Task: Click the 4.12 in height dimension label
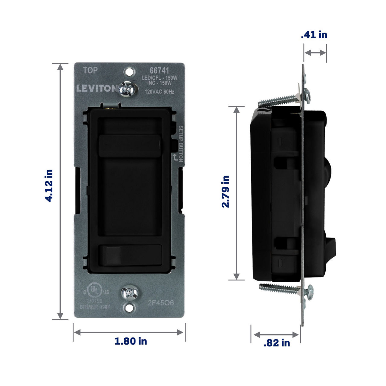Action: point(49,185)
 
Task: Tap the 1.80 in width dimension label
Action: point(131,341)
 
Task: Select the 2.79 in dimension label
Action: point(226,191)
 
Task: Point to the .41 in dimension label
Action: point(314,35)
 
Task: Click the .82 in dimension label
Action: point(277,343)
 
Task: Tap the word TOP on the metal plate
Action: point(90,71)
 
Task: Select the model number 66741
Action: point(160,71)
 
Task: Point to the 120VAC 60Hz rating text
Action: point(160,92)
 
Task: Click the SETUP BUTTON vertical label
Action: point(181,144)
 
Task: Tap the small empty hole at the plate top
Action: point(129,72)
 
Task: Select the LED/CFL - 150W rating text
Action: point(160,78)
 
